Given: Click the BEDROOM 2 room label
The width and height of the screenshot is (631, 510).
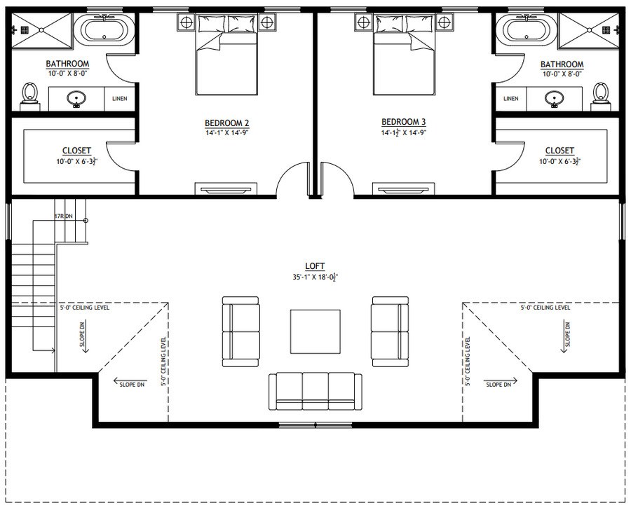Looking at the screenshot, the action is point(226,123).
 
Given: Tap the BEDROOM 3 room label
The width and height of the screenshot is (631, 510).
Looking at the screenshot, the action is point(403,122).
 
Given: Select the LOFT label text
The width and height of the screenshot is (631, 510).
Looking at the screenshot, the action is point(315,266).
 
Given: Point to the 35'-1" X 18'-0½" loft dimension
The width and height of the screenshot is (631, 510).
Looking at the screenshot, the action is point(315,277).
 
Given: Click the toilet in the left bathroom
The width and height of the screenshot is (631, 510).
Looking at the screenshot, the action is point(29,97).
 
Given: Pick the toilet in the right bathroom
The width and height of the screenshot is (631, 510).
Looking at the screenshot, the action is point(600,97).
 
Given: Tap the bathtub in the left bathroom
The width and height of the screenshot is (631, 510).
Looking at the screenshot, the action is point(107,29).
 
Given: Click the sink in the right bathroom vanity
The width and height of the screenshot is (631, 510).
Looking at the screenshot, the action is point(554,99).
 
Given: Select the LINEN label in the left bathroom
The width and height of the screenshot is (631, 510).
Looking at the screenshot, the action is point(119,99).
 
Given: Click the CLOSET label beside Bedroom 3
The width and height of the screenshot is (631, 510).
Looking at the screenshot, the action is point(559,151).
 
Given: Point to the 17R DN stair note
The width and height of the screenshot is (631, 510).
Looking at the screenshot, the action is point(64,216).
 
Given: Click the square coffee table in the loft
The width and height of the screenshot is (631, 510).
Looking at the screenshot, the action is point(315,332).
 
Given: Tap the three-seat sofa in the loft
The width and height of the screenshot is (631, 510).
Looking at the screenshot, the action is point(315,392).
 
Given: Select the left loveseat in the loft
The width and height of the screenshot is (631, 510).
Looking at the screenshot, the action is point(240,332).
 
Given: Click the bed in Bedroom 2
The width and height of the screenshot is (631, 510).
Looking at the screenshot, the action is point(226,55).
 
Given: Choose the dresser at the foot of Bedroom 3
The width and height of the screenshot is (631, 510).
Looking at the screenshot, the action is point(403,188).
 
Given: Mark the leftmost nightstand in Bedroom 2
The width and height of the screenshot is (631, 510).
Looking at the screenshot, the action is point(186,22).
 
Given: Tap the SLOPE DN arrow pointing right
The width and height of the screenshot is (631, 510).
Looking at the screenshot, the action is point(500,380).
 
